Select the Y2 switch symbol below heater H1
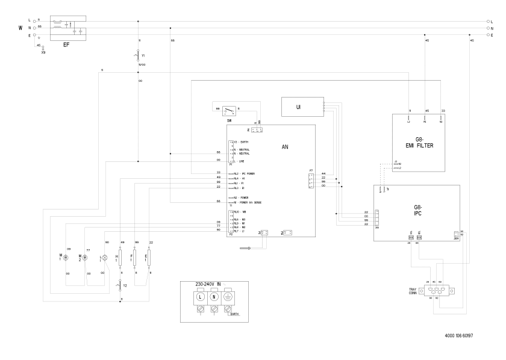pos(120,285)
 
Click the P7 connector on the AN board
pos(311,180)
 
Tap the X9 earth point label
pos(43,53)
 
